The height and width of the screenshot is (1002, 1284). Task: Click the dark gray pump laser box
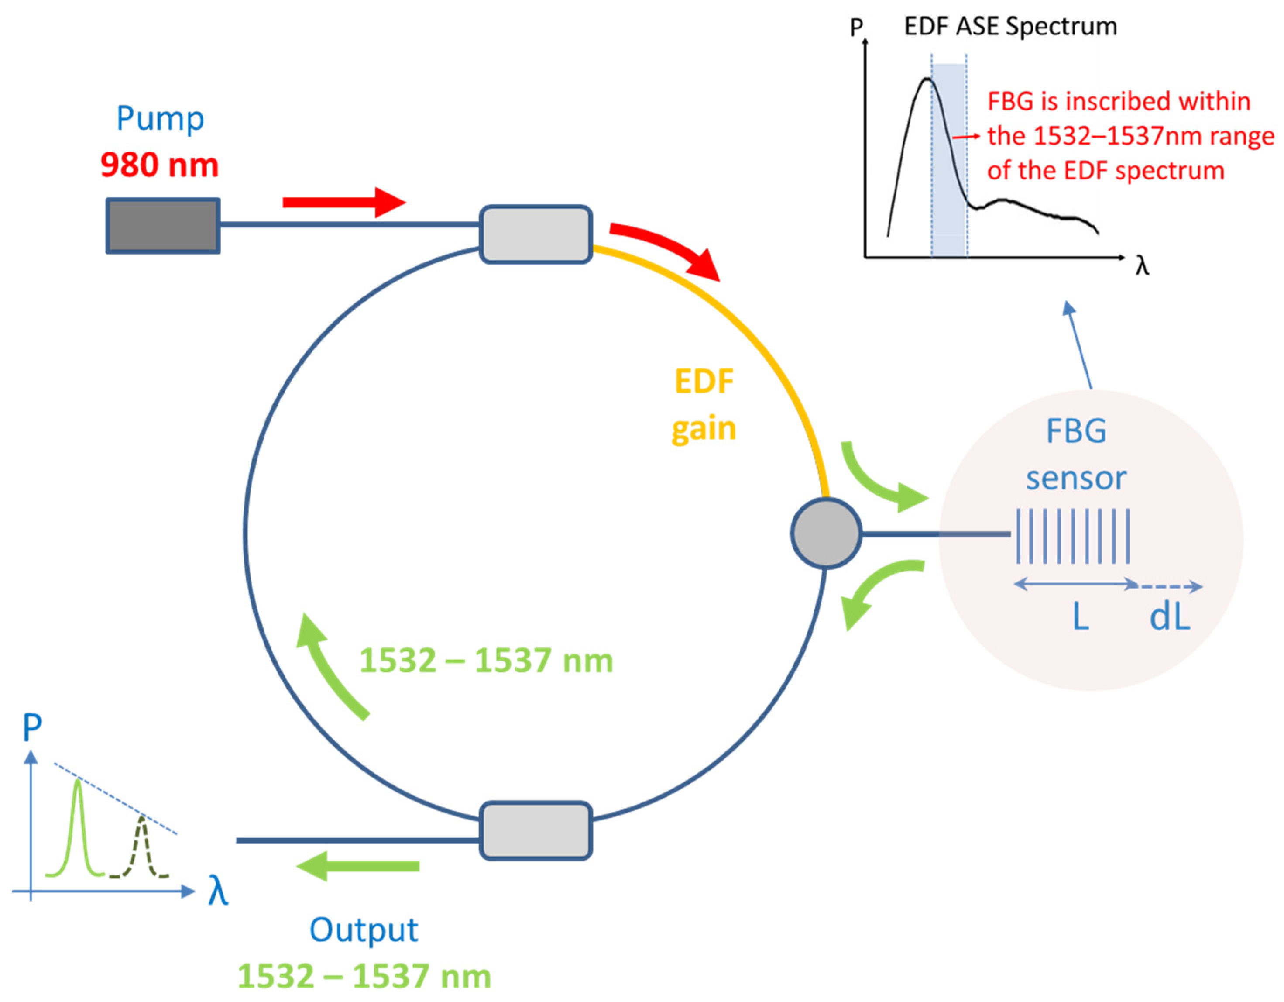[163, 226]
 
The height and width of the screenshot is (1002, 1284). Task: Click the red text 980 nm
[159, 165]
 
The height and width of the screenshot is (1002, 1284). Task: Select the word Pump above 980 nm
[160, 119]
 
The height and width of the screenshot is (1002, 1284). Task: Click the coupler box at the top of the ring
[536, 234]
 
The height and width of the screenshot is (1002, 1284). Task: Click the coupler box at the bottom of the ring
[536, 830]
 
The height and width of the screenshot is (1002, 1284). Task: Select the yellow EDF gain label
[704, 405]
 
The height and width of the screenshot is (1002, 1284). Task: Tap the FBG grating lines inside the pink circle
[1073, 536]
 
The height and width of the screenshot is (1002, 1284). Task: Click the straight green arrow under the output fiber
[359, 867]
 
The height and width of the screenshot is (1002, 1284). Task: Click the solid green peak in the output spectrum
[78, 823]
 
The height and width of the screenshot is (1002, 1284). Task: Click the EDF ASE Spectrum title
[1010, 27]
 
